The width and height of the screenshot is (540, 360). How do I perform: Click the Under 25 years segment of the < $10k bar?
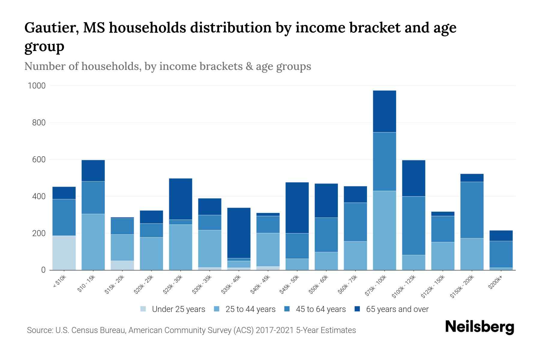(x=64, y=253)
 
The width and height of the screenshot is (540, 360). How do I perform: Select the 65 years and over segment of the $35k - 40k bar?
(x=239, y=233)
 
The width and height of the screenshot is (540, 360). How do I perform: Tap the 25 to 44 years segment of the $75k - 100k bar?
(x=384, y=230)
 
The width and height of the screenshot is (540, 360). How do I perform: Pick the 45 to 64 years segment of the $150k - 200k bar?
(x=472, y=210)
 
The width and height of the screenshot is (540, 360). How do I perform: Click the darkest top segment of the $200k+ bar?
(x=501, y=235)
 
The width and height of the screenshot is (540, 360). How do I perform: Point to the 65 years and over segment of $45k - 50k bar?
(x=297, y=208)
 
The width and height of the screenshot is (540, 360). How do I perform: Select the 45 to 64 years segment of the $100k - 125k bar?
(x=413, y=226)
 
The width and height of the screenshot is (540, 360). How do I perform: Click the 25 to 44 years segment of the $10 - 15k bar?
(x=93, y=242)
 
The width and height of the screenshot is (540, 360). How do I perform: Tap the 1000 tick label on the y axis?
(x=37, y=86)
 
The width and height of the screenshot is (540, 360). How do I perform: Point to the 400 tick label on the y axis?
(x=39, y=196)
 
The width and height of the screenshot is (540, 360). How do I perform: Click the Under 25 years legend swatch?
(x=143, y=309)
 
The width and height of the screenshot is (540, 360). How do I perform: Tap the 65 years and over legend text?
(x=397, y=309)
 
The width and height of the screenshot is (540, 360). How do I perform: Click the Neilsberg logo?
(x=479, y=327)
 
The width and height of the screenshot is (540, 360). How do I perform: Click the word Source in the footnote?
(x=39, y=330)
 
